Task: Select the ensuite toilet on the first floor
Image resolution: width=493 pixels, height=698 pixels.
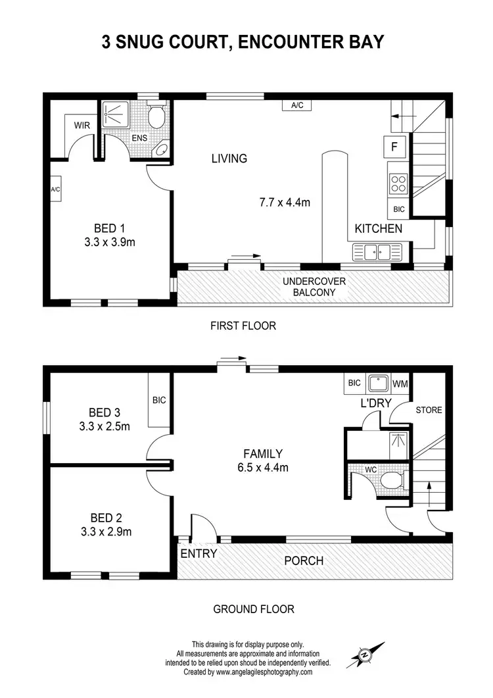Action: [x=156, y=118]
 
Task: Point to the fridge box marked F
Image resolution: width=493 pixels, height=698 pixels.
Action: [x=394, y=147]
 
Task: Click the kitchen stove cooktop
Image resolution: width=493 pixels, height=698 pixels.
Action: [x=398, y=183]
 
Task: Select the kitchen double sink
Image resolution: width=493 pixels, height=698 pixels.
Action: [x=372, y=251]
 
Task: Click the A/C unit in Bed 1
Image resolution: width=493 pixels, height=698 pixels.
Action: [x=55, y=189]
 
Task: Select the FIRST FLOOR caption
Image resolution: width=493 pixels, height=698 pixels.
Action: [x=243, y=326]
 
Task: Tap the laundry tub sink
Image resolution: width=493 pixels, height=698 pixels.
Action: [x=378, y=383]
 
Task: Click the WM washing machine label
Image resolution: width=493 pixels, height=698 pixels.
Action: [x=400, y=383]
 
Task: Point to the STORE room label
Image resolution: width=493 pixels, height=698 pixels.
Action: [x=429, y=411]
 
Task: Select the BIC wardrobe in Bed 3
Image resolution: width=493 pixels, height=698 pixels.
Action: [x=158, y=400]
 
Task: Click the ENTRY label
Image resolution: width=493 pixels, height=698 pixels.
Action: [x=199, y=554]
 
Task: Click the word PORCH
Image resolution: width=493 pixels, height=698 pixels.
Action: [x=303, y=561]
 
